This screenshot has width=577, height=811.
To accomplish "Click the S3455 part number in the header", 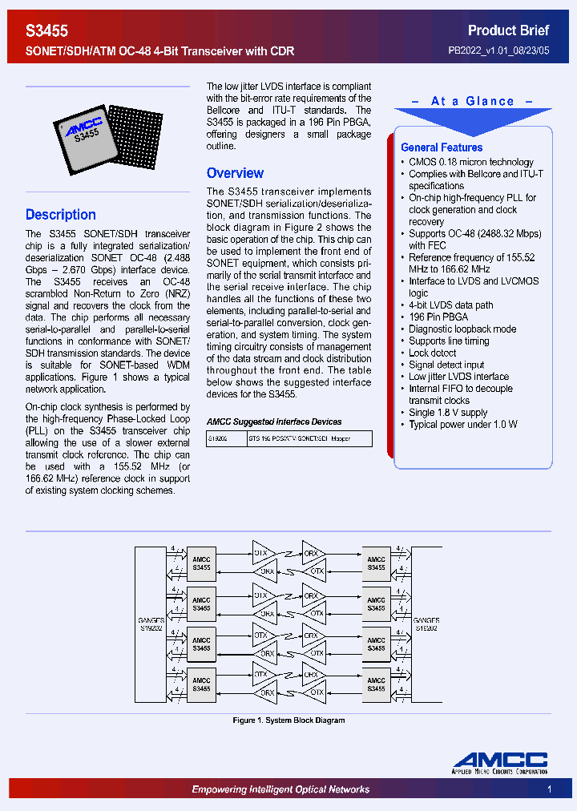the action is pos(47,30).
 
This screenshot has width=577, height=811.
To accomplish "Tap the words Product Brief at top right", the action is pos(508,30).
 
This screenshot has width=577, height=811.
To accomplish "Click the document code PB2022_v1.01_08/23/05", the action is pos(498,50).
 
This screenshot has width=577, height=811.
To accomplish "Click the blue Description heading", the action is pos(61,215).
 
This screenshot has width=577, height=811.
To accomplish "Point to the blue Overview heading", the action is pos(235,173).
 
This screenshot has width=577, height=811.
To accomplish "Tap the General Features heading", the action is pos(442,147).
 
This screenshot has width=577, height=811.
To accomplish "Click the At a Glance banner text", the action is pos(472,102).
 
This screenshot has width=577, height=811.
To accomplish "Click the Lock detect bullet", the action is pos(432,353).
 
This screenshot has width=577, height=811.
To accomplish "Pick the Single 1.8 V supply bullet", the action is pos(448,413).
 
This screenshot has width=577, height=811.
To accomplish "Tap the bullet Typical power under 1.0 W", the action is pos(463,425).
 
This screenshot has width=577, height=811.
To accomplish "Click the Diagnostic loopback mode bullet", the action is pos(462,329).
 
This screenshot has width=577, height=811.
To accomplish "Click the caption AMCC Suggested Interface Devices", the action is pos(274,422).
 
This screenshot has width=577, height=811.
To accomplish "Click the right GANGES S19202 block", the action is pos(426,624).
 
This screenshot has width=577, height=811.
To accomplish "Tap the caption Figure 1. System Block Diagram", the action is pos(288,720).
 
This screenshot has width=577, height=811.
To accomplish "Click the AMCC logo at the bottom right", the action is pos(499,762).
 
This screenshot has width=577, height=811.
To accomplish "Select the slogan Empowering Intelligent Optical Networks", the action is pos(280,789).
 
